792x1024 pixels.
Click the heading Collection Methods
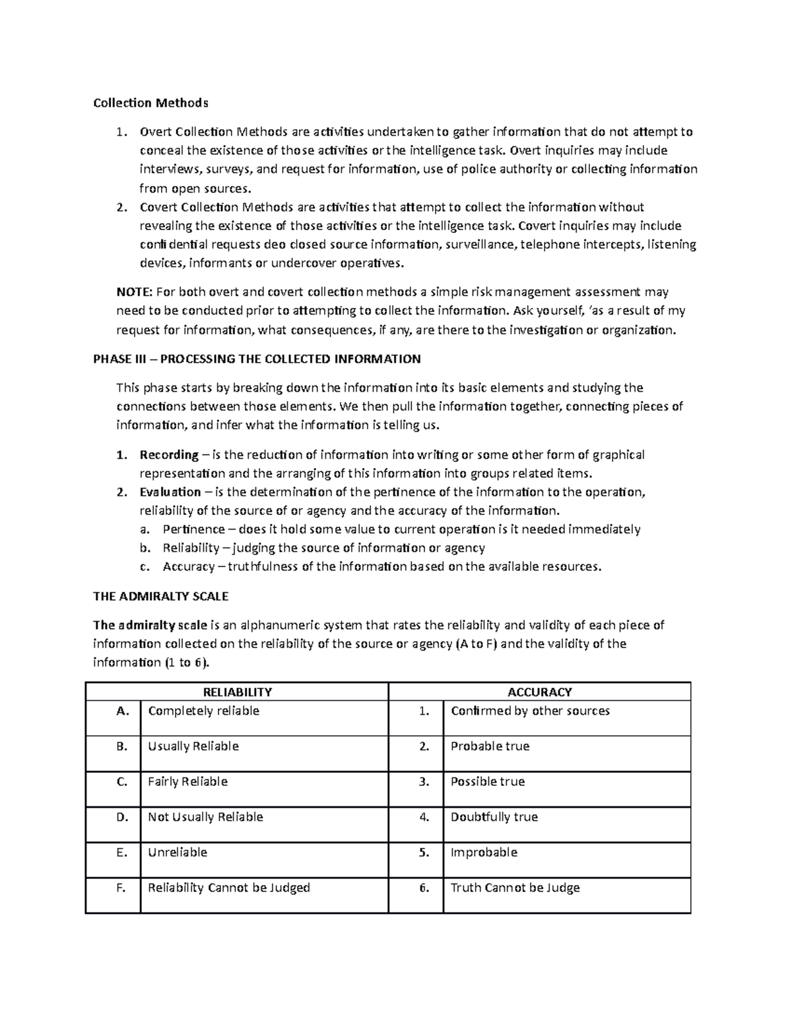coord(150,103)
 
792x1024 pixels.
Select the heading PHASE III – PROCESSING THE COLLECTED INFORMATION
coord(257,359)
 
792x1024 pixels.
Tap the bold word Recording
coord(169,454)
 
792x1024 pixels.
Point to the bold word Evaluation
coord(170,492)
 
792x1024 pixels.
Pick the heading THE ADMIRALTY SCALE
coord(160,596)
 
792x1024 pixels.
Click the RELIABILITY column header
coord(237,692)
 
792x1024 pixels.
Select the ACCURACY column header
coord(539,692)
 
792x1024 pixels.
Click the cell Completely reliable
coord(203,711)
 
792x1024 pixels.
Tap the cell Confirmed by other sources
coord(530,711)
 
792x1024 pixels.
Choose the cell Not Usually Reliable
coord(205,817)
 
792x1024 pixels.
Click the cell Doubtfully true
coord(494,817)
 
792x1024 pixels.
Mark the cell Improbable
coord(484,853)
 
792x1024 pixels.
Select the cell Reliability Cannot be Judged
coord(228,888)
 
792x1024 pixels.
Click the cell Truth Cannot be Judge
coord(515,888)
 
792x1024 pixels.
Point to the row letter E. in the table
coord(121,853)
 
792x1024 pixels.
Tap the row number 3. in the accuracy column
coord(424,782)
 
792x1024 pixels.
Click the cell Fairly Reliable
coord(187,782)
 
